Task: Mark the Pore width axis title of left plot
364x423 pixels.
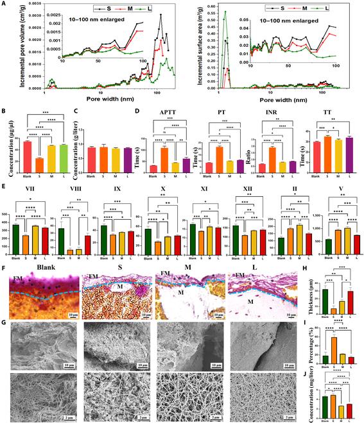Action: click(100, 101)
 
